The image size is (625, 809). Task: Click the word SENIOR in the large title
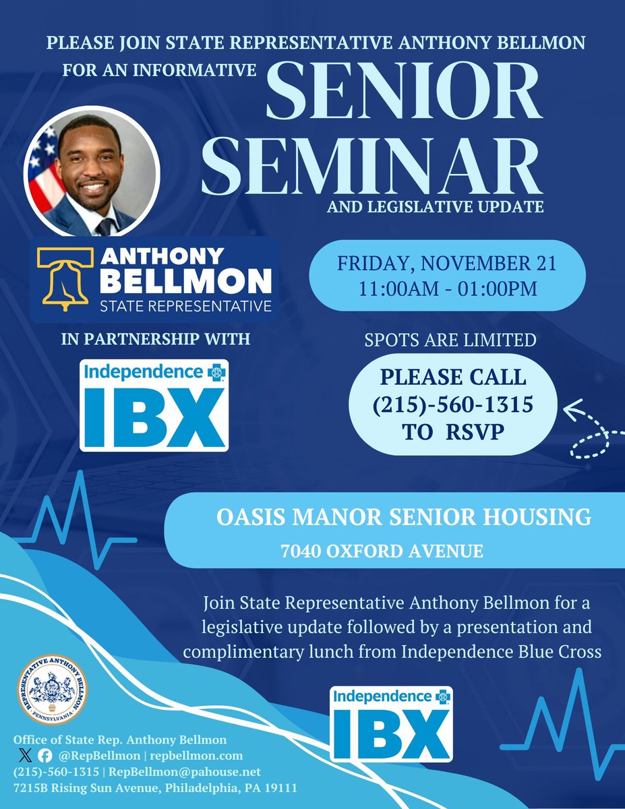click(x=404, y=91)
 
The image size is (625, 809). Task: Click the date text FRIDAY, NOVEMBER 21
click(x=448, y=264)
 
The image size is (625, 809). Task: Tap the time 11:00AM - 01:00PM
click(x=448, y=289)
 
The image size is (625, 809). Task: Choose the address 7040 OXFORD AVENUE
click(x=382, y=551)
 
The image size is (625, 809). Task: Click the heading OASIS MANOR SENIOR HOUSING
click(x=403, y=517)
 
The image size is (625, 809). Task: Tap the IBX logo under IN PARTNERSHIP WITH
click(x=154, y=405)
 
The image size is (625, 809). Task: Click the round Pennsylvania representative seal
click(x=52, y=692)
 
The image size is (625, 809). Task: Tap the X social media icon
click(x=27, y=756)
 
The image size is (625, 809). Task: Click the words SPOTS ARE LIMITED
click(x=450, y=340)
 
